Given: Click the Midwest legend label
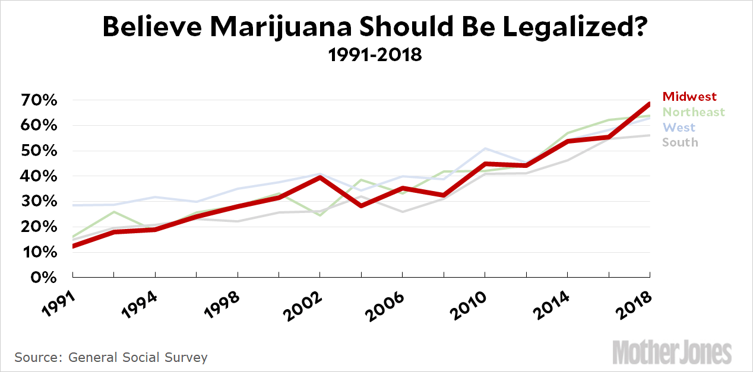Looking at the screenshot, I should [689, 97].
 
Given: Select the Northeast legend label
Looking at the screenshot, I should [694, 112].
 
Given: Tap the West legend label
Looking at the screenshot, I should [679, 128].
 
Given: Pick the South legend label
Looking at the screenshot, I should [680, 142].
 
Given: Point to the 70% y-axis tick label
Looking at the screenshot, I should [40, 100].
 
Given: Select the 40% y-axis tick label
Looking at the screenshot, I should [40, 176].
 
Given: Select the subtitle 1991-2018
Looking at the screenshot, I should [375, 55].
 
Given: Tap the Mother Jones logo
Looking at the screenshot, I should [672, 353].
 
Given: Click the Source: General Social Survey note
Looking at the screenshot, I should [111, 358].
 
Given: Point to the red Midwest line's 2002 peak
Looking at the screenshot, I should [320, 177].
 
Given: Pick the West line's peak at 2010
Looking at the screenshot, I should [485, 148].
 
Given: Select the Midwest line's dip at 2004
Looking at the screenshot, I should [361, 205].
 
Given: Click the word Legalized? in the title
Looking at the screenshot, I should [581, 27].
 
